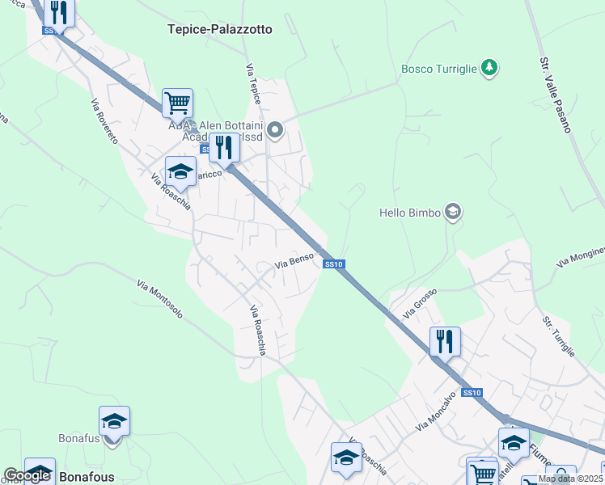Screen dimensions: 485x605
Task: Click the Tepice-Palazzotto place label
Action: (220, 29)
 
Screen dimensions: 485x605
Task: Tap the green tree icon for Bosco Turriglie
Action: (489, 68)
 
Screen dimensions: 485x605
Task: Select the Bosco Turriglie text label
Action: (438, 69)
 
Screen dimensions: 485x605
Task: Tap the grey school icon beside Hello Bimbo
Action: (453, 212)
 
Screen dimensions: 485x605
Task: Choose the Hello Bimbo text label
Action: (410, 213)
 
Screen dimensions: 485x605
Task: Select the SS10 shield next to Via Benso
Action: (334, 264)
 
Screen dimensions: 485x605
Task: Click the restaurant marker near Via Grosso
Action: (444, 341)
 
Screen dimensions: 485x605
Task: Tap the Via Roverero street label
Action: (104, 121)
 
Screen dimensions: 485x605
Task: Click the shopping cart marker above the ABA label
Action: (177, 103)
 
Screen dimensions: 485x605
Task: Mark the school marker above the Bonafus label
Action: (114, 421)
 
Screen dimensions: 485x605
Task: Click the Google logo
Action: (26, 476)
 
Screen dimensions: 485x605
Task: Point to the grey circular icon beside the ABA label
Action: (276, 129)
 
